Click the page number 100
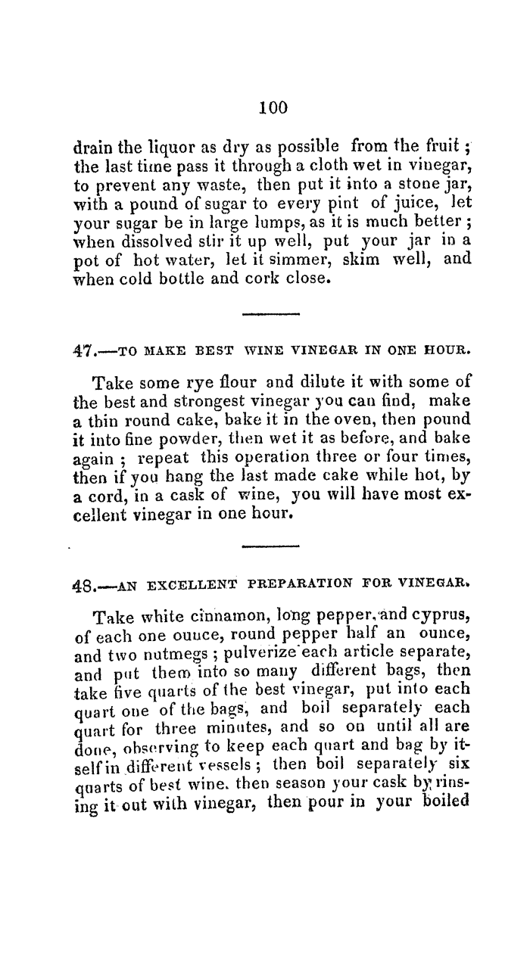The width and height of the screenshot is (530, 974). [x=273, y=107]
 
